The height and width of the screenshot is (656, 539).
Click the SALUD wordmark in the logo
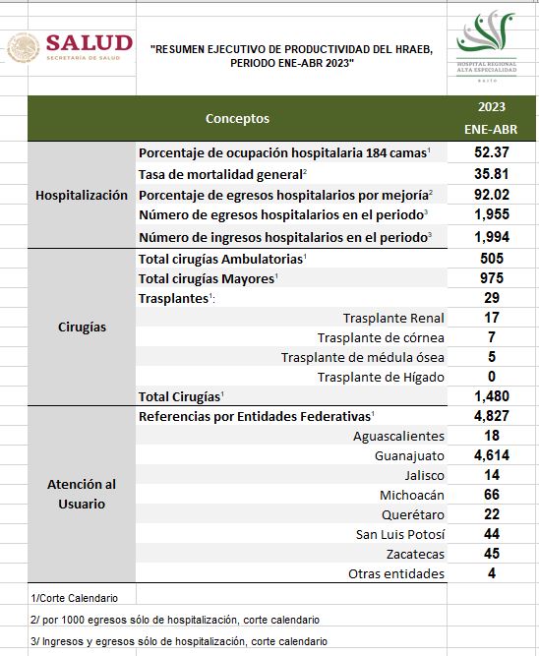click(x=90, y=43)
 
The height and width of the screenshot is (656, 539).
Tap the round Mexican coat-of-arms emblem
click(x=24, y=48)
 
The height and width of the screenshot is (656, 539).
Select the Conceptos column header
click(x=237, y=118)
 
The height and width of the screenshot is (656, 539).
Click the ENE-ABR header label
click(x=491, y=129)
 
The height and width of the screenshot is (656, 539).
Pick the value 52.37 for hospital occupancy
click(x=492, y=151)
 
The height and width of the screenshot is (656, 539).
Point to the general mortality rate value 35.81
click(x=492, y=174)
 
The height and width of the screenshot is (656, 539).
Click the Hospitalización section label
click(x=82, y=196)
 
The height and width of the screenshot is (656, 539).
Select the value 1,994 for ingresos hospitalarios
click(x=492, y=237)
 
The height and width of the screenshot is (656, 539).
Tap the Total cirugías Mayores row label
click(x=207, y=278)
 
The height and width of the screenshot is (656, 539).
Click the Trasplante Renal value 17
click(x=492, y=318)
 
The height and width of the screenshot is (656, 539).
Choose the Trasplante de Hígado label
click(x=381, y=378)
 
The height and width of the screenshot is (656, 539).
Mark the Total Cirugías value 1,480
click(x=492, y=395)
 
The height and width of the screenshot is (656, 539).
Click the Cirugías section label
click(x=82, y=328)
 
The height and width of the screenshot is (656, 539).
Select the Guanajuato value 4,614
click(x=492, y=454)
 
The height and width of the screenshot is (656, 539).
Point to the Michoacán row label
click(x=412, y=496)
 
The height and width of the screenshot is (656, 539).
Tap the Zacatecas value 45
click(x=492, y=554)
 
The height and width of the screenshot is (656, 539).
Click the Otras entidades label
click(x=396, y=574)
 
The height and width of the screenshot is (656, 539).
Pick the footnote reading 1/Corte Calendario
click(x=75, y=598)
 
